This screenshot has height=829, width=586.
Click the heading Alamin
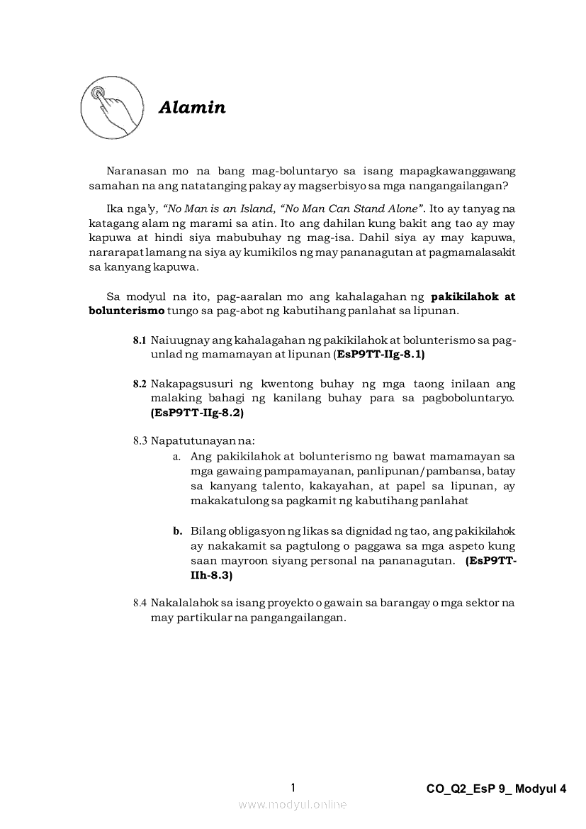(x=192, y=108)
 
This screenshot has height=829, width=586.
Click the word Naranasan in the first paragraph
(x=134, y=171)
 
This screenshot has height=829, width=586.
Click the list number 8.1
(x=140, y=340)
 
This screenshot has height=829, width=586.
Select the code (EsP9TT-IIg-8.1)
(x=378, y=354)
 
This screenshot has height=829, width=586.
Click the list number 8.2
(x=140, y=384)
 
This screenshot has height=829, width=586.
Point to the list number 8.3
(x=140, y=440)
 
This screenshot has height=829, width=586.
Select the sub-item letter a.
(x=176, y=456)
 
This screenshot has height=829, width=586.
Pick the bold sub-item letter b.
(x=177, y=531)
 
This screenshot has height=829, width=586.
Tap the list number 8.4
(x=140, y=603)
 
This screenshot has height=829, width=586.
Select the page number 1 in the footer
(x=293, y=787)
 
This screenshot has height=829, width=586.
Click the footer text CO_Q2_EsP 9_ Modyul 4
(x=497, y=789)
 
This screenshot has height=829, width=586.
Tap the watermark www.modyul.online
(x=293, y=805)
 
